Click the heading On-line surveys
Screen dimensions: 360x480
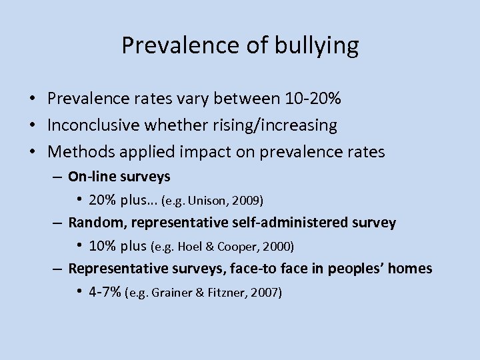pos(119,177)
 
